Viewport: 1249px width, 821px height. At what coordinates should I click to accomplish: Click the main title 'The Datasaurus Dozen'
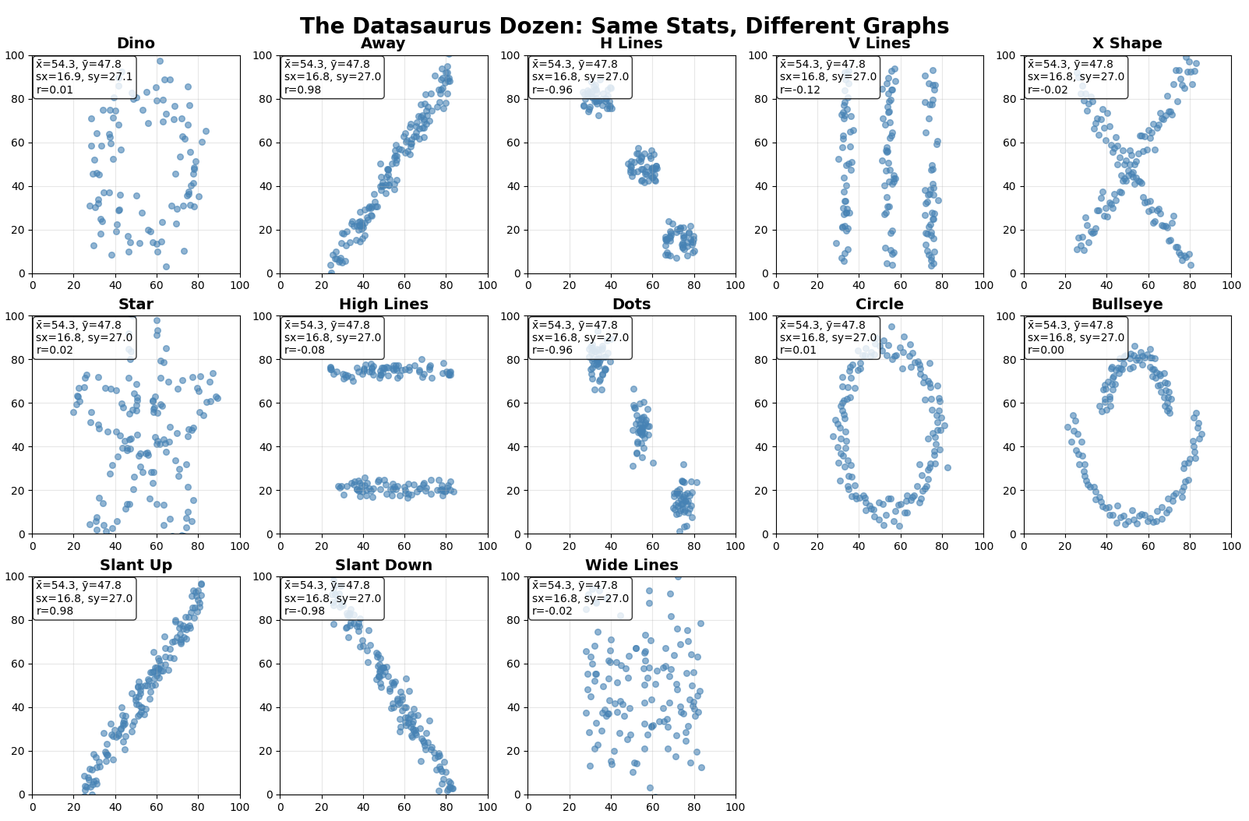click(624, 26)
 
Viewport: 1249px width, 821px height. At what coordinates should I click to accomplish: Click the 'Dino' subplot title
click(136, 44)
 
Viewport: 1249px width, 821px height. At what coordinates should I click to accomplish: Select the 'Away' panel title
click(383, 44)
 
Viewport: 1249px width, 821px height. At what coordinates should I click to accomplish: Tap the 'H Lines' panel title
click(631, 44)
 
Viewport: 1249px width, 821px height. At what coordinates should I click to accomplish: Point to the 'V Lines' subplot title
click(879, 44)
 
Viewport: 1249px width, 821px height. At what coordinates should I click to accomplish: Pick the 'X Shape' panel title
click(1127, 44)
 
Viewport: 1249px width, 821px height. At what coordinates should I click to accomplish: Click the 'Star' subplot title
click(136, 305)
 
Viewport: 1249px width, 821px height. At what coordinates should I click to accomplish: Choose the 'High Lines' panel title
click(383, 305)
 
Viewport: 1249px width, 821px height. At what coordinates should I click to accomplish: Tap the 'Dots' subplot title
click(631, 305)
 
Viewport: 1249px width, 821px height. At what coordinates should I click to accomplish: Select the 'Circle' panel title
click(879, 305)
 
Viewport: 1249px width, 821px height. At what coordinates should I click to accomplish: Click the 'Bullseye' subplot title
click(1127, 305)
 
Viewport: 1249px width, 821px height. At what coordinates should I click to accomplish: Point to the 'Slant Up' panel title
click(136, 566)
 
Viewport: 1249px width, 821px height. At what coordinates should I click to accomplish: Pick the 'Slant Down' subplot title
click(383, 566)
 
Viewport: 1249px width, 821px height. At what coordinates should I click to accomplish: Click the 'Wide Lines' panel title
click(631, 566)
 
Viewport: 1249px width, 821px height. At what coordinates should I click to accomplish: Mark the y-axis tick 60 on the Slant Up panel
click(21, 664)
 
